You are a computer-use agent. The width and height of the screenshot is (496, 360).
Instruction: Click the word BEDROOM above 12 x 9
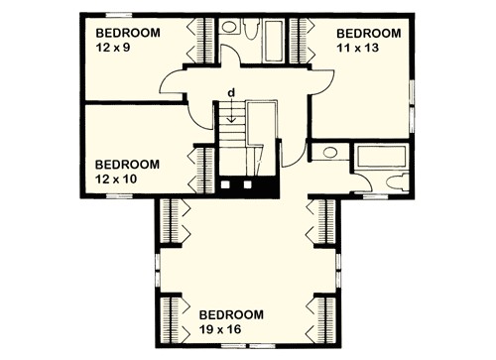tap(127, 32)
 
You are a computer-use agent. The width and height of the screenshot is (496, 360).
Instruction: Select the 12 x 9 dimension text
tap(112, 46)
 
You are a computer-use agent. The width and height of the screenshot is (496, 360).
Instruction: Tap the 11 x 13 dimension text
tap(359, 46)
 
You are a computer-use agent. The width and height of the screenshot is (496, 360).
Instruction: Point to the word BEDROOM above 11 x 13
tap(370, 32)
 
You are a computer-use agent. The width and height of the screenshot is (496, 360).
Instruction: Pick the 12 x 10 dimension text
tap(116, 178)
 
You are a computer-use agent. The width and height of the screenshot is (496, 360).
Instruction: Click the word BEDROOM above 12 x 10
tap(127, 164)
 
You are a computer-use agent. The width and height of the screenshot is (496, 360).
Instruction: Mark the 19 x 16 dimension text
tap(219, 328)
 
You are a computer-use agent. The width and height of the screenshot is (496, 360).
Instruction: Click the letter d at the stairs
tap(230, 93)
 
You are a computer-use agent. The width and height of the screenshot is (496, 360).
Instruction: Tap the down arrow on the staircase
tap(230, 111)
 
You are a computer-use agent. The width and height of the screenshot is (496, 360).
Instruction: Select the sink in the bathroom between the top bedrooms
tap(230, 28)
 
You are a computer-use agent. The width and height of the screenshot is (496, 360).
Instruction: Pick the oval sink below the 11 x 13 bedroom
tap(329, 154)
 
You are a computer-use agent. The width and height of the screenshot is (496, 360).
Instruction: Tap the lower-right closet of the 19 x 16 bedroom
tap(323, 315)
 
